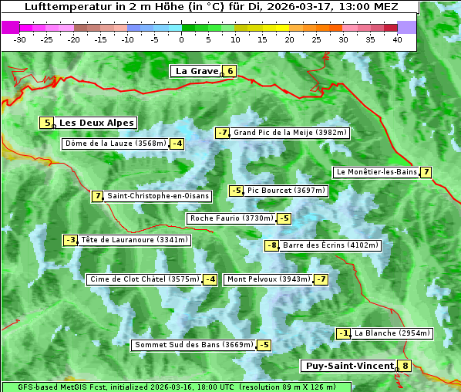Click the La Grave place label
[197, 71]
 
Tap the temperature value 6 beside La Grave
[230, 72]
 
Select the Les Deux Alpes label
[96, 123]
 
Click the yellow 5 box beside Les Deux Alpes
[48, 123]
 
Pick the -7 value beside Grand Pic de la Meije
[223, 133]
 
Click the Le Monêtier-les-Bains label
[376, 172]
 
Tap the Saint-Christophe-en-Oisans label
[157, 196]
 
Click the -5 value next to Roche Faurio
[284, 219]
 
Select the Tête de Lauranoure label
[134, 240]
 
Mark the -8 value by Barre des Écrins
[271, 245]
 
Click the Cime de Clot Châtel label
[144, 279]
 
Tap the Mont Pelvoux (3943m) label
[268, 279]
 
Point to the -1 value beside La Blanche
[344, 333]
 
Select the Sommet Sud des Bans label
[193, 345]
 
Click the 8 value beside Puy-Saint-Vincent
[405, 366]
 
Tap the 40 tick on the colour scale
[397, 39]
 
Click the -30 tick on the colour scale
[20, 39]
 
